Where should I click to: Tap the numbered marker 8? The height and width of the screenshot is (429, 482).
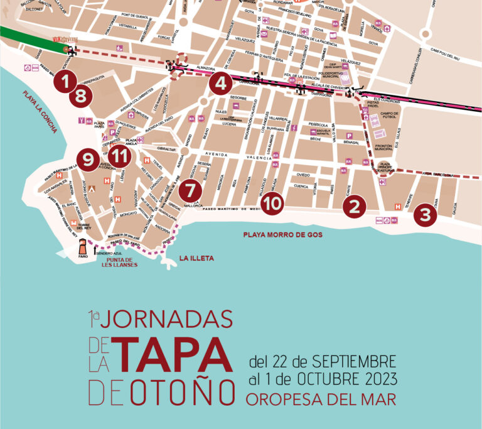click(x=80, y=96)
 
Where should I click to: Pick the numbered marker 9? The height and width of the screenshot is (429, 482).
click(x=88, y=159)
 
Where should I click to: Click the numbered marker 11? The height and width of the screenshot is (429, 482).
click(x=120, y=156)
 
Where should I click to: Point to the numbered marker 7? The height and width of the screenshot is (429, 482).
click(x=191, y=189)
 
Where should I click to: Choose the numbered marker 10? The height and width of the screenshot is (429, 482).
click(x=272, y=202)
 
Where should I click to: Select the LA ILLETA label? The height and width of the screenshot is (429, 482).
click(x=196, y=258)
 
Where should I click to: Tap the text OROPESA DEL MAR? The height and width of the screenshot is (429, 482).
click(x=321, y=399)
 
